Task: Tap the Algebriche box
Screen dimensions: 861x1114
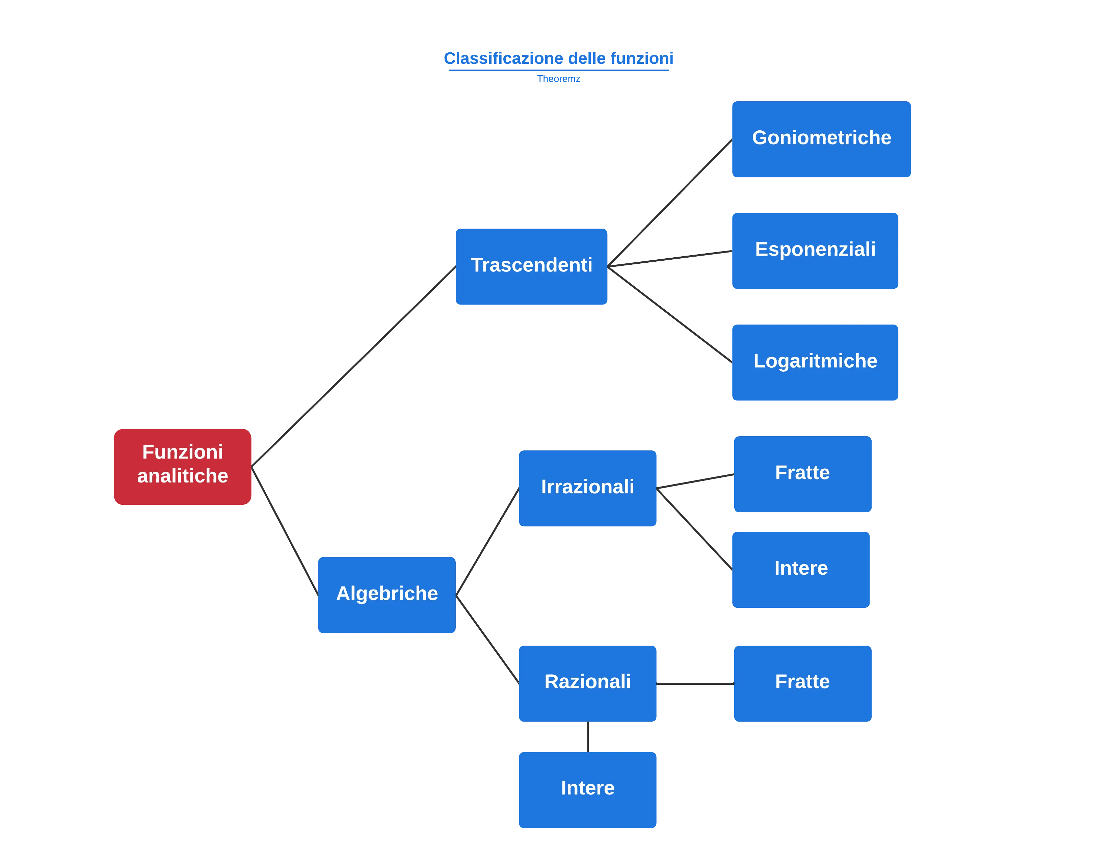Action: pyautogui.click(x=386, y=595)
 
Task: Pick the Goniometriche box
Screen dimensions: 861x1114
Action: pyautogui.click(x=821, y=139)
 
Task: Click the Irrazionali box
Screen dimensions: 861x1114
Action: pyautogui.click(x=588, y=487)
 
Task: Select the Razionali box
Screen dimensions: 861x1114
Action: pyautogui.click(x=588, y=683)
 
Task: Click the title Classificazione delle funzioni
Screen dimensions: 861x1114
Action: pyautogui.click(x=559, y=58)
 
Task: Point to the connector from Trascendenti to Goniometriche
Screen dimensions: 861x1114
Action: pyautogui.click(x=670, y=203)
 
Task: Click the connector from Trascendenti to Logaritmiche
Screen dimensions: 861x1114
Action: pyautogui.click(x=670, y=316)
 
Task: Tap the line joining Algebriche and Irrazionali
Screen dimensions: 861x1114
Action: pyautogui.click(x=487, y=541)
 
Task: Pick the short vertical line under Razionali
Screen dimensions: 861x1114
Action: pyautogui.click(x=588, y=737)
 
